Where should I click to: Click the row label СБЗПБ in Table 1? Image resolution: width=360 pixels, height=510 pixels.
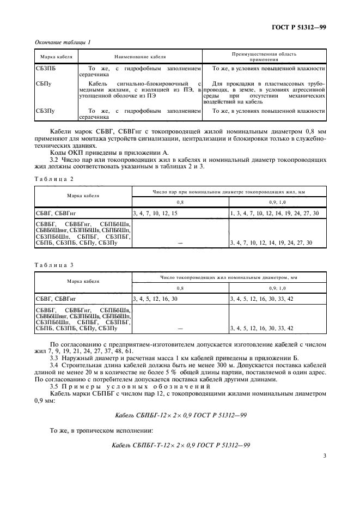point(45,69)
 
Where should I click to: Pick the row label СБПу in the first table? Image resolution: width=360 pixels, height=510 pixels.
point(44,83)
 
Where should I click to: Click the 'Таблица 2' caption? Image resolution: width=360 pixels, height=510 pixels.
point(53,179)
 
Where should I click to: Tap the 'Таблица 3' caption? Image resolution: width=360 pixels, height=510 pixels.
point(53,264)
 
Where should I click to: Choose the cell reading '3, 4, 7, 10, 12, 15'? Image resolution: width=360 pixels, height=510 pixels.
point(155,213)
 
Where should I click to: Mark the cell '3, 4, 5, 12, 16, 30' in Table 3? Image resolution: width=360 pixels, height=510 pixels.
point(155,299)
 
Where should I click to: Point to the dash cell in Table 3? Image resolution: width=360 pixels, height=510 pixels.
point(180,329)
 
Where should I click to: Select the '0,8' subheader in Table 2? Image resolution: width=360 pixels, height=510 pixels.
point(180,202)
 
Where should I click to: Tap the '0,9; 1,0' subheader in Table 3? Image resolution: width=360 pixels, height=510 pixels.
point(277,287)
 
